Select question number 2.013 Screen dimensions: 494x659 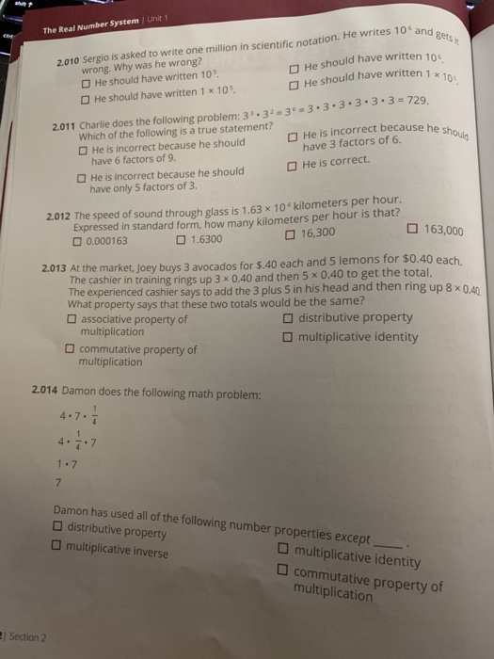click(x=54, y=267)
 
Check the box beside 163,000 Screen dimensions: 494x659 click(x=416, y=230)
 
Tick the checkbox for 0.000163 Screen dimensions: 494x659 click(x=79, y=239)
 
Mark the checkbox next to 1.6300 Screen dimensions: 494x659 click(x=181, y=239)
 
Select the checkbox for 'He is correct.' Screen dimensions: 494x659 click(x=294, y=164)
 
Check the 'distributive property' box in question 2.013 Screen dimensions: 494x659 click(x=288, y=317)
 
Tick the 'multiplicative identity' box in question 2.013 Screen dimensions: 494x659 click(x=288, y=336)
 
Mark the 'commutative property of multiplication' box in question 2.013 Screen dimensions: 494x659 click(x=70, y=349)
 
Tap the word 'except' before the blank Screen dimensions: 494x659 click(x=353, y=536)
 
